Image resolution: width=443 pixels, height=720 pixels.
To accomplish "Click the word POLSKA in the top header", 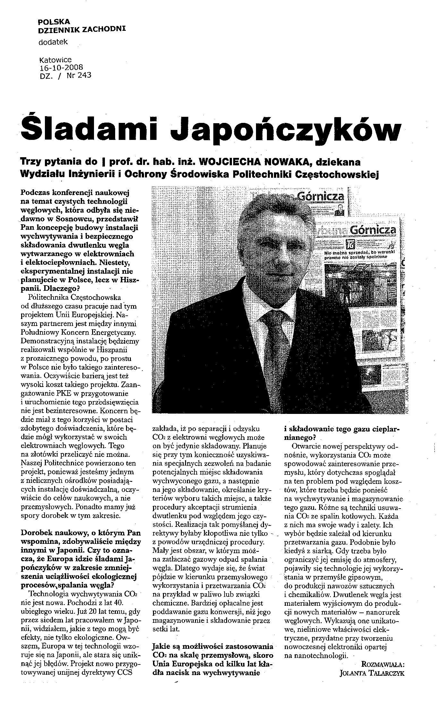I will click(54, 22).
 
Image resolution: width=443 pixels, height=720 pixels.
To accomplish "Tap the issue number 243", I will click(84, 75).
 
